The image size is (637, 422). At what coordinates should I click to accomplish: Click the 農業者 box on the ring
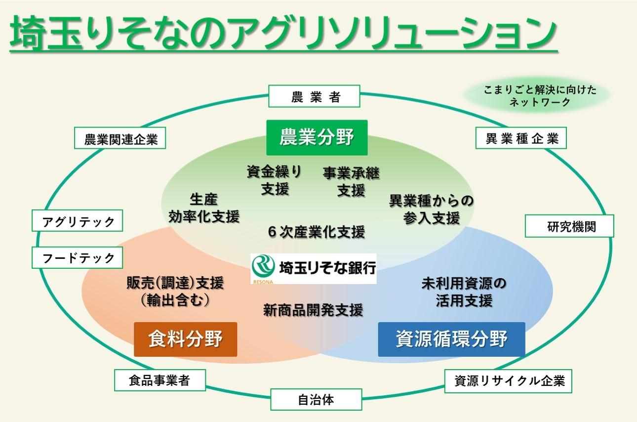(x=315, y=97)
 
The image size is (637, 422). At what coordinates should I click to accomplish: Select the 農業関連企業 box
(x=120, y=139)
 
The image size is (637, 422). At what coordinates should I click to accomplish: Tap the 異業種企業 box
(x=521, y=139)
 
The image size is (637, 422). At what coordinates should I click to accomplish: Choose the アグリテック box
(x=78, y=222)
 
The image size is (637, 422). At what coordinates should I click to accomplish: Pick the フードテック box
(x=78, y=257)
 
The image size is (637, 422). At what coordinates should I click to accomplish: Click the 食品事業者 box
(x=160, y=380)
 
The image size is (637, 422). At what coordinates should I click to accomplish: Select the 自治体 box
(x=316, y=399)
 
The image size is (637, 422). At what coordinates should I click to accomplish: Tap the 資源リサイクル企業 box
(x=509, y=381)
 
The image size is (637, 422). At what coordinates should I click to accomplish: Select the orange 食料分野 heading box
(x=185, y=339)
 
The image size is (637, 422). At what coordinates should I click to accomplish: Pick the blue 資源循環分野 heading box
(x=451, y=339)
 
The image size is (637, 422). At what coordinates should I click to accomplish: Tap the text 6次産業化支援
(x=317, y=231)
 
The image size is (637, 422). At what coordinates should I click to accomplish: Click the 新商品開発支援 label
(x=313, y=310)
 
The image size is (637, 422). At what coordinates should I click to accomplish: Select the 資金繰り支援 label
(x=275, y=180)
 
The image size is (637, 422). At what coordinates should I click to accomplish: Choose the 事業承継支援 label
(x=351, y=181)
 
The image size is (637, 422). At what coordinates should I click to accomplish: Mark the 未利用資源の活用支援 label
(x=464, y=292)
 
